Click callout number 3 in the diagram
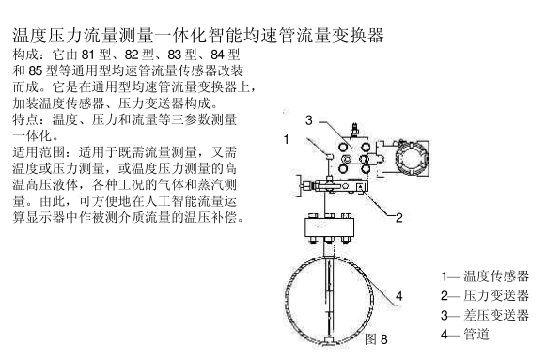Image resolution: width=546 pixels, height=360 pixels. tap(309, 120)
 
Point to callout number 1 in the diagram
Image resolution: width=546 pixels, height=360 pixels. tap(287, 140)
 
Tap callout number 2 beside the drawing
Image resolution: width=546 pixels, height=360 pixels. tap(399, 218)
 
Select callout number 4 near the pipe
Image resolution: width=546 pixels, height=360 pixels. tap(399, 296)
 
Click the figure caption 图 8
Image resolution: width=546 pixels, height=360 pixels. tap(376, 339)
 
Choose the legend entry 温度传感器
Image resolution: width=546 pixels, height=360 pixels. tap(496, 276)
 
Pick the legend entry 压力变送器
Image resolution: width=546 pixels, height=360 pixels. tap(496, 295)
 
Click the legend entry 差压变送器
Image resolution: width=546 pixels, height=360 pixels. tap(496, 315)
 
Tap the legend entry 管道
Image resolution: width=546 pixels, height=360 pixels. tap(476, 335)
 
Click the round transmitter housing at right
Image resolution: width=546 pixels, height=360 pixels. tap(411, 159)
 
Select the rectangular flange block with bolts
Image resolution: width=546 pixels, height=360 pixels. tap(329, 227)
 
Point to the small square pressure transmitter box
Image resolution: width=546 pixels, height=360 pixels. tap(360, 187)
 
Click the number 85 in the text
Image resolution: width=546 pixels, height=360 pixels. tap(35, 71)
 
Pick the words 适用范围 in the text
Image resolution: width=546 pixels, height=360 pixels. tap(39, 152)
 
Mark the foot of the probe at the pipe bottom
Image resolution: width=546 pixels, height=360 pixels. tap(328, 341)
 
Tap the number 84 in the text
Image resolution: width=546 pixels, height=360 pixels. tap(218, 55)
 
